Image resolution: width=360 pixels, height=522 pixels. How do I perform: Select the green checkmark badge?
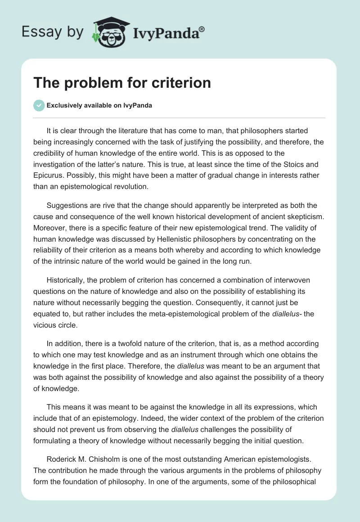click(39, 105)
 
